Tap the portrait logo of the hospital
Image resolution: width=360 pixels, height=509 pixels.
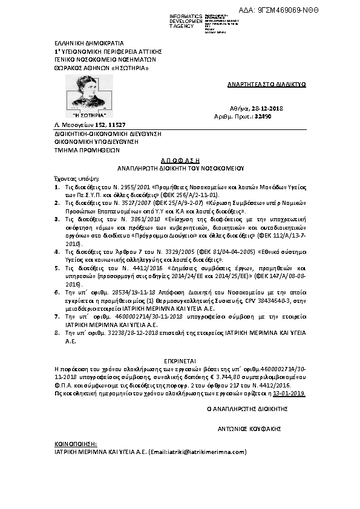(x=89, y=92)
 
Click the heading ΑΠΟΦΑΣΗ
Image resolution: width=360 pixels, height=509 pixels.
(x=180, y=155)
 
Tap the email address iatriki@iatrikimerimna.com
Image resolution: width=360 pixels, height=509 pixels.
(x=203, y=451)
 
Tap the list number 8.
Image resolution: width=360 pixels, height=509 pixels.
(x=57, y=332)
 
